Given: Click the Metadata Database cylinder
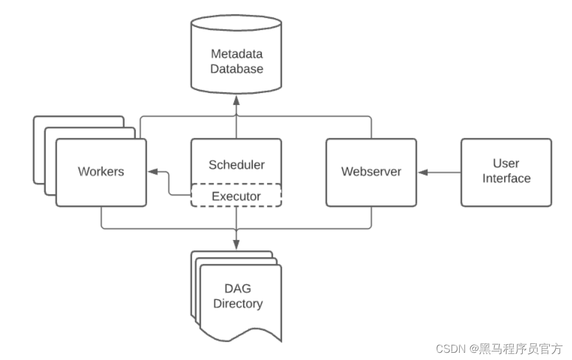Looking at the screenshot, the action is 236,54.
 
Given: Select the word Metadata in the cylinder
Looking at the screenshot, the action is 236,53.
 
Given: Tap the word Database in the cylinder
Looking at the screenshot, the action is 236,68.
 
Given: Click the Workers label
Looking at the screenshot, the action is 101,172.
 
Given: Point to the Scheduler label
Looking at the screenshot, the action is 236,164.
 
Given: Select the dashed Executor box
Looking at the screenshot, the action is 236,196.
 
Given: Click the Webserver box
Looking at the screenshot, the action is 372,173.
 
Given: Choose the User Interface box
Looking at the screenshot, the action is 507,173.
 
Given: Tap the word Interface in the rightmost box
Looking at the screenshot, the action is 507,178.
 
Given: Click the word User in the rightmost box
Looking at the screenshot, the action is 507,163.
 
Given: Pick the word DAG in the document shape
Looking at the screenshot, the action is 238,289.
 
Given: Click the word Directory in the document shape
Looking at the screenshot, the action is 238,304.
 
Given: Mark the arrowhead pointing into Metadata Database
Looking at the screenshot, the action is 236,100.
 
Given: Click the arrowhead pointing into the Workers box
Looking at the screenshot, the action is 152,172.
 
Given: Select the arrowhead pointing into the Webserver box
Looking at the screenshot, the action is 423,172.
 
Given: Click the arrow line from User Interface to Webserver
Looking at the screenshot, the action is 439,172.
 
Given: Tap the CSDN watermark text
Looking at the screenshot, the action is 499,349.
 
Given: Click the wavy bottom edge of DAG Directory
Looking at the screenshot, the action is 241,334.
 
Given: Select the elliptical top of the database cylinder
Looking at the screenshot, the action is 236,23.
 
